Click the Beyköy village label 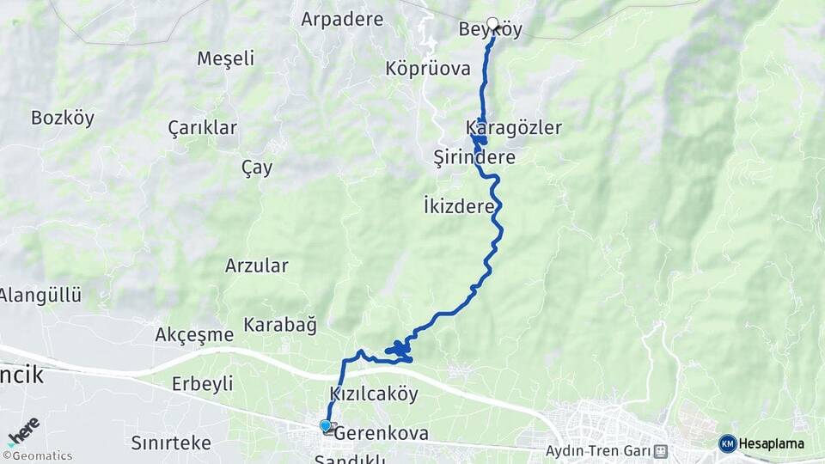[x=491, y=30]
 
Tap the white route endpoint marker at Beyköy [x=492, y=23]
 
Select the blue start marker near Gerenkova [x=326, y=425]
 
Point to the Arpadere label [x=342, y=18]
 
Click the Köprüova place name [x=428, y=68]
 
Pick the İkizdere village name [x=459, y=206]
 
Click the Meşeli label [x=226, y=58]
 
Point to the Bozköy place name [x=62, y=118]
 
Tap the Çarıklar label [x=203, y=127]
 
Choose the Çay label [x=257, y=167]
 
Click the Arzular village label [x=257, y=265]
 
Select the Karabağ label [x=280, y=325]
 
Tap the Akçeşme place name [x=194, y=334]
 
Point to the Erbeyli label [x=202, y=383]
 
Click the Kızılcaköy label [x=374, y=394]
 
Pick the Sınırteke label [x=171, y=443]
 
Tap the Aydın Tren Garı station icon [x=660, y=450]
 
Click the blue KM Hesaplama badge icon [x=728, y=443]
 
